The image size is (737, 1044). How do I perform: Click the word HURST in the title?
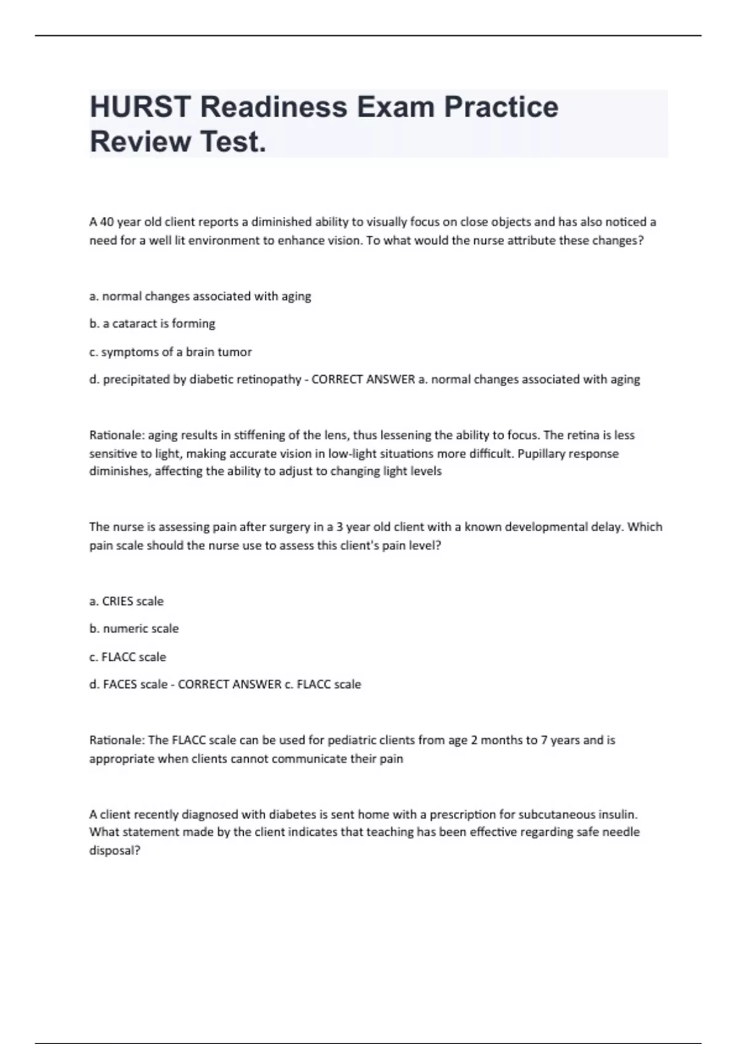141,107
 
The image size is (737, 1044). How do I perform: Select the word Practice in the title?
501,107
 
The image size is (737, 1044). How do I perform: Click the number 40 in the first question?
107,222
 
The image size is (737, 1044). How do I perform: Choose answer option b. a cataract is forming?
152,324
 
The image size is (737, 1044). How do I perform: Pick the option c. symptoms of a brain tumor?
171,352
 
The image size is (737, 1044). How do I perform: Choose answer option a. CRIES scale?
127,601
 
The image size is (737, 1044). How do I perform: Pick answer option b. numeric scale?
134,629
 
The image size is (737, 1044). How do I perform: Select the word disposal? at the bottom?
115,851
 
